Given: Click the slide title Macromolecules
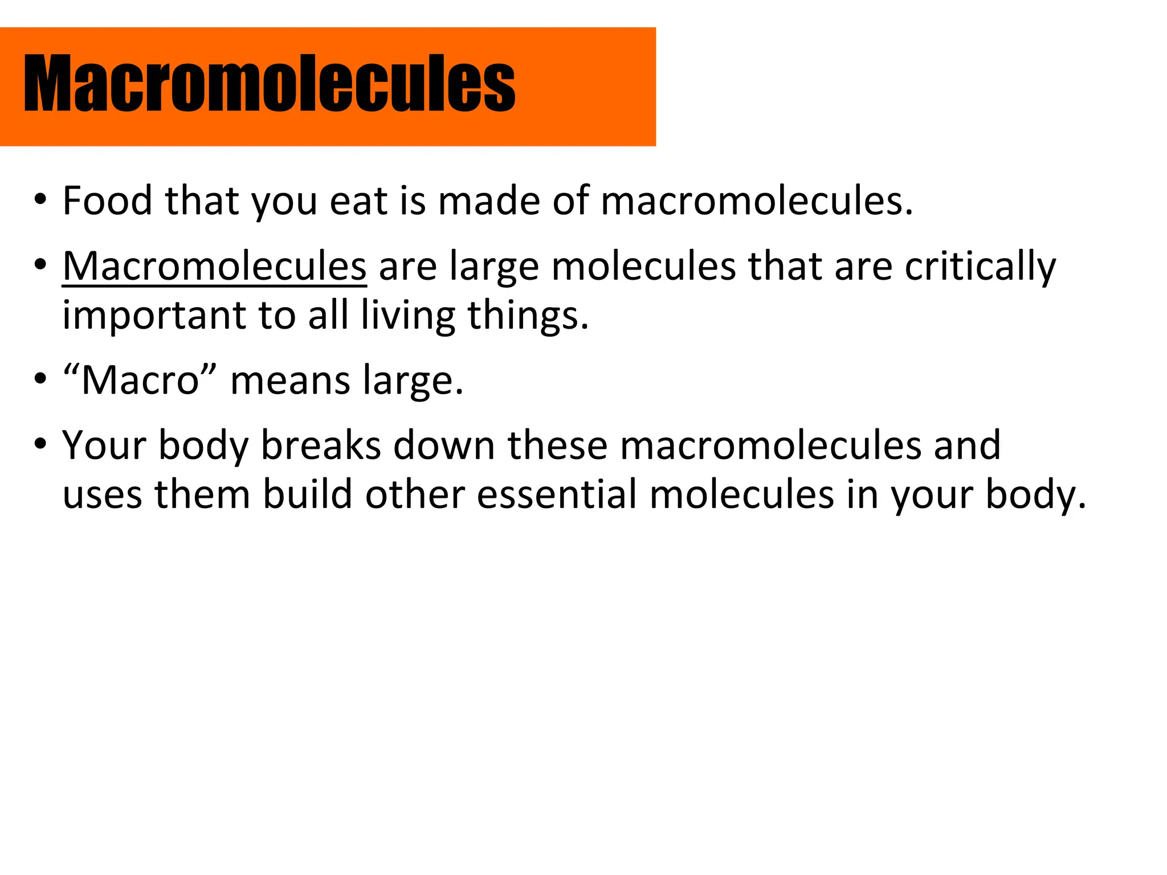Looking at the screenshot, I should pyautogui.click(x=269, y=83).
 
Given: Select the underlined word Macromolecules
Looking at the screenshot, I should pyautogui.click(x=214, y=266).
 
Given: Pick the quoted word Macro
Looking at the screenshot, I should pyautogui.click(x=140, y=380).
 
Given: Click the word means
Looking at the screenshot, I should pyautogui.click(x=291, y=380).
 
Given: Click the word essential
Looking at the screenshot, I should pyautogui.click(x=557, y=494).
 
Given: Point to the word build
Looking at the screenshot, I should pyautogui.click(x=307, y=494).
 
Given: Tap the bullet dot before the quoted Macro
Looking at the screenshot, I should pyautogui.click(x=39, y=379).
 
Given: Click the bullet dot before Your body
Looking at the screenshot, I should pyautogui.click(x=39, y=444).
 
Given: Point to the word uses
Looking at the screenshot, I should pyautogui.click(x=102, y=494).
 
